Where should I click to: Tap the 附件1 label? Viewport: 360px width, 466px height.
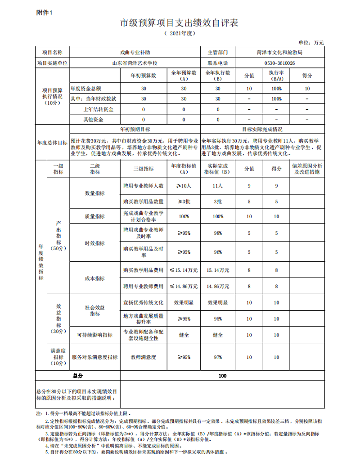tap(44, 13)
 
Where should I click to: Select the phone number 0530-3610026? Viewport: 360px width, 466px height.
tap(279, 63)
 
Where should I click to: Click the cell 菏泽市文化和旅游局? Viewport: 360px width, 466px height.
tap(279, 52)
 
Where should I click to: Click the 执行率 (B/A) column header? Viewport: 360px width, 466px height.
tap(276, 75)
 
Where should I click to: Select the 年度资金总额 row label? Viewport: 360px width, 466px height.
tap(89, 89)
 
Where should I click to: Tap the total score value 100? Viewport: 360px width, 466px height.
tap(222, 376)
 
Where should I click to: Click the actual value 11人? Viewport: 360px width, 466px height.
tap(218, 185)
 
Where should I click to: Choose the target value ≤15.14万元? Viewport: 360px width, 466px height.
tap(184, 270)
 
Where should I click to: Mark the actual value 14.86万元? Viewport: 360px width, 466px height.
tap(218, 286)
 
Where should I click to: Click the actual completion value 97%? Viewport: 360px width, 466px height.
tap(218, 357)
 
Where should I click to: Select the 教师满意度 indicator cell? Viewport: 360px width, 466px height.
tap(143, 357)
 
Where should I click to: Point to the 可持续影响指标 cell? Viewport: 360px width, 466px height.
tap(94, 335)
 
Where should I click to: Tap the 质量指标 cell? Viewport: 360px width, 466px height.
tap(94, 216)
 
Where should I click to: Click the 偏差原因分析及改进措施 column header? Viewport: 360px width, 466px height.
tap(307, 169)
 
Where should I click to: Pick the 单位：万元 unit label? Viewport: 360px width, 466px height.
tap(311, 42)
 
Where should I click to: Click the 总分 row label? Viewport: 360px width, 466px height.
tap(78, 376)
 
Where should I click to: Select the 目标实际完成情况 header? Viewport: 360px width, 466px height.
tap(262, 129)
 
